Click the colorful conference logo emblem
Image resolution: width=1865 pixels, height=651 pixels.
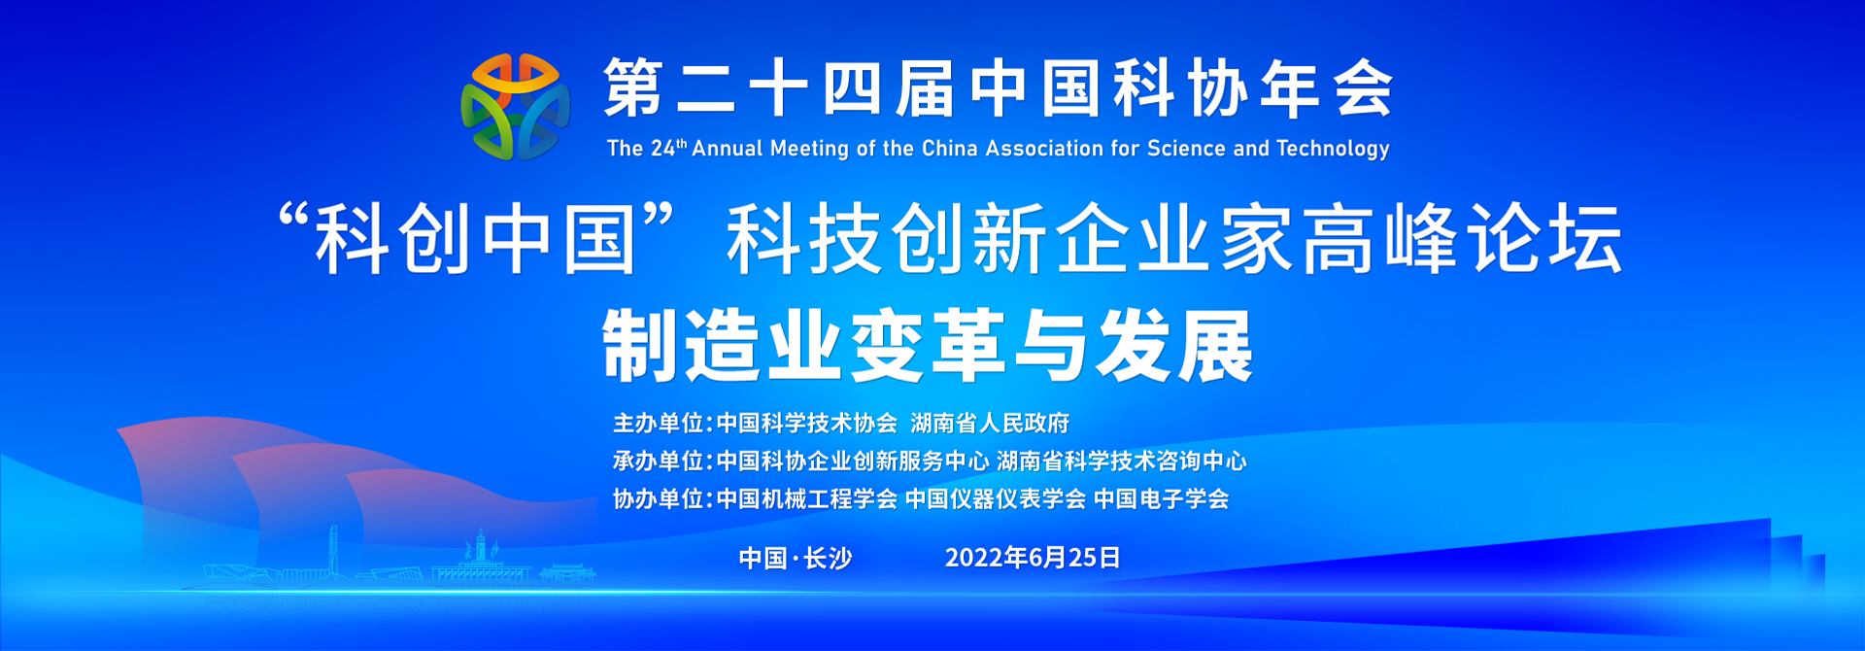coord(515,107)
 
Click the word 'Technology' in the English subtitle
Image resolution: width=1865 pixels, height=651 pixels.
coord(1333,149)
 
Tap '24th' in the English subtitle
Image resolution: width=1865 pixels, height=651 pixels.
coord(668,149)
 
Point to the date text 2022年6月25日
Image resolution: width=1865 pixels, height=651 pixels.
coord(1033,558)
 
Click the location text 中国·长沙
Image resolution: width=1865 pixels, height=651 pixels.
coord(796,559)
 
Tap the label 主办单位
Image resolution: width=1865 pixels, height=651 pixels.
coord(658,424)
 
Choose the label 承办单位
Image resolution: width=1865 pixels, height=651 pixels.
coord(658,462)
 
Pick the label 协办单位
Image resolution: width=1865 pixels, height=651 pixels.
coord(658,499)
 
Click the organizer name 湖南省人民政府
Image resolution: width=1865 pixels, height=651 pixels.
coord(990,424)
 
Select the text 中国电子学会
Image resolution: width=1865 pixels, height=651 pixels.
coord(1161,499)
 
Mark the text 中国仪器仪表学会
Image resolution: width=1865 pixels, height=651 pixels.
coord(995,499)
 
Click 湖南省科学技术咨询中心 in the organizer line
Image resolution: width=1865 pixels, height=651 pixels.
coord(1121,462)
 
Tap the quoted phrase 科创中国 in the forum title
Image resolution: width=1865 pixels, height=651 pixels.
coord(475,239)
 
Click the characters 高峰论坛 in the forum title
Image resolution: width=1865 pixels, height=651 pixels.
coord(1463,239)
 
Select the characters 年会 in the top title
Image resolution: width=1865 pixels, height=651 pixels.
coord(1327,88)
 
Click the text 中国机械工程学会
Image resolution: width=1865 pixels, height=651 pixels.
coord(806,499)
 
